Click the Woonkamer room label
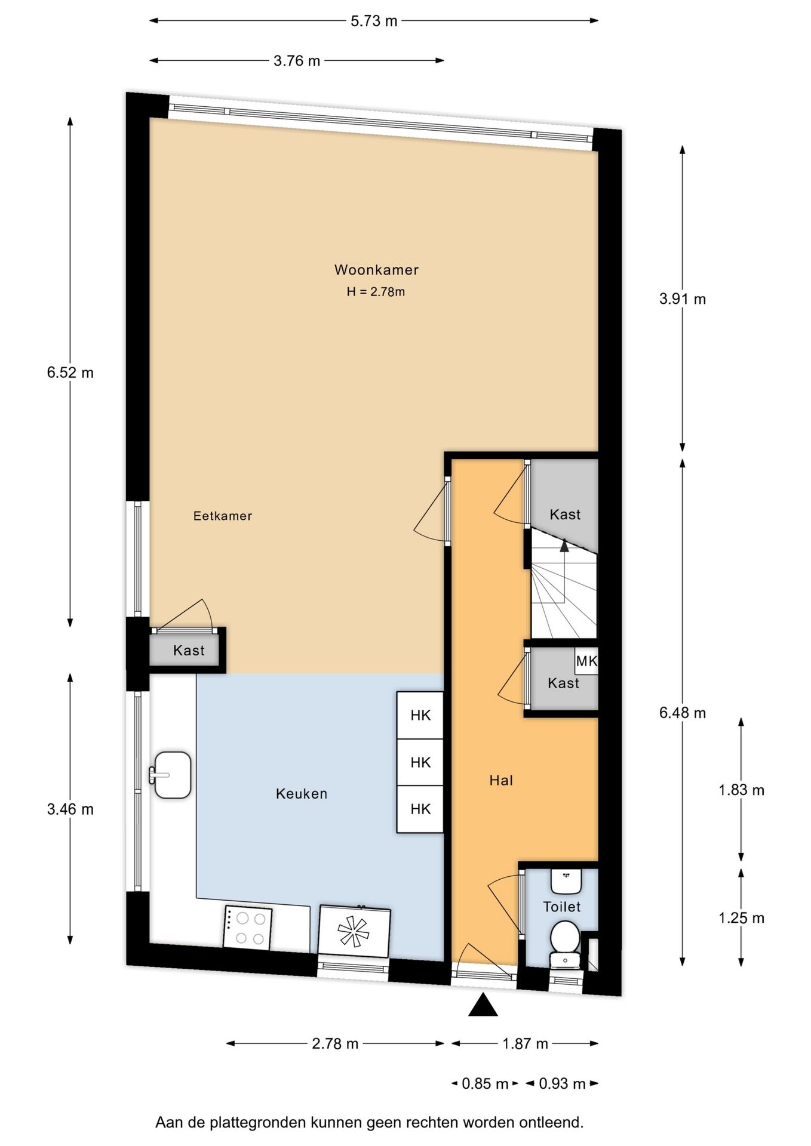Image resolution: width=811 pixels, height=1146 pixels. [x=376, y=270]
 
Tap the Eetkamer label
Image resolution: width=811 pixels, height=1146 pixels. [x=223, y=516]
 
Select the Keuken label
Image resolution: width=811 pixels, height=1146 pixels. [x=302, y=794]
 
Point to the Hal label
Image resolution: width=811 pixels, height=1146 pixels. [x=501, y=780]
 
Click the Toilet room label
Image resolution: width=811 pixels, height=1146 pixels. [x=562, y=907]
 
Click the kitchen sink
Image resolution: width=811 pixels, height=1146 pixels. [x=171, y=775]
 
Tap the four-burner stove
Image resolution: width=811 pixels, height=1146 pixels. [x=248, y=928]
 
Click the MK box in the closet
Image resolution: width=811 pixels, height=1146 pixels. [x=586, y=661]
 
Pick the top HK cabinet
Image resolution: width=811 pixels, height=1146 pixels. [x=420, y=715]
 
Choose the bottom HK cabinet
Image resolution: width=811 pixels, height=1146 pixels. [x=420, y=809]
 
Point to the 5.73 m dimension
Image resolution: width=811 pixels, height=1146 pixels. [x=374, y=21]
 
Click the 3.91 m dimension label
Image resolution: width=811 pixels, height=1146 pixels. [x=683, y=299]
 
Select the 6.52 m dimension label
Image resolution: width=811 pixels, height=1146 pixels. [x=70, y=373]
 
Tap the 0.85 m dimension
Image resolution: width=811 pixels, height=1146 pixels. [x=485, y=1084]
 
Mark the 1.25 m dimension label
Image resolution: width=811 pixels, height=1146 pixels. [x=741, y=918]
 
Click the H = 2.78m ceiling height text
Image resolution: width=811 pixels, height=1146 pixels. [x=376, y=292]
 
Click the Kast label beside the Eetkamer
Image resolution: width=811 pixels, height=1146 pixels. [x=189, y=651]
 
